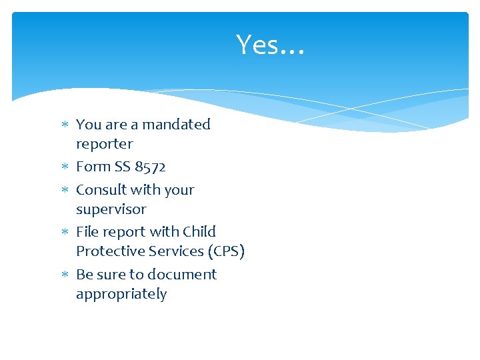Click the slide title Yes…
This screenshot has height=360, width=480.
point(270,45)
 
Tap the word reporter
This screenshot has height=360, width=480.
point(104,144)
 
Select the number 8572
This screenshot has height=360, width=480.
point(150,167)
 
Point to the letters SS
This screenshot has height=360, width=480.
point(122,167)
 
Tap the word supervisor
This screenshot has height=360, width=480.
point(111,209)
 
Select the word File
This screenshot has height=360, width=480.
point(88,232)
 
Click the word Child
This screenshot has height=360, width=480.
point(199,232)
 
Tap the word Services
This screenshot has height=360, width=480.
point(172,251)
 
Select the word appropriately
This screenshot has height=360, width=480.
point(121,295)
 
